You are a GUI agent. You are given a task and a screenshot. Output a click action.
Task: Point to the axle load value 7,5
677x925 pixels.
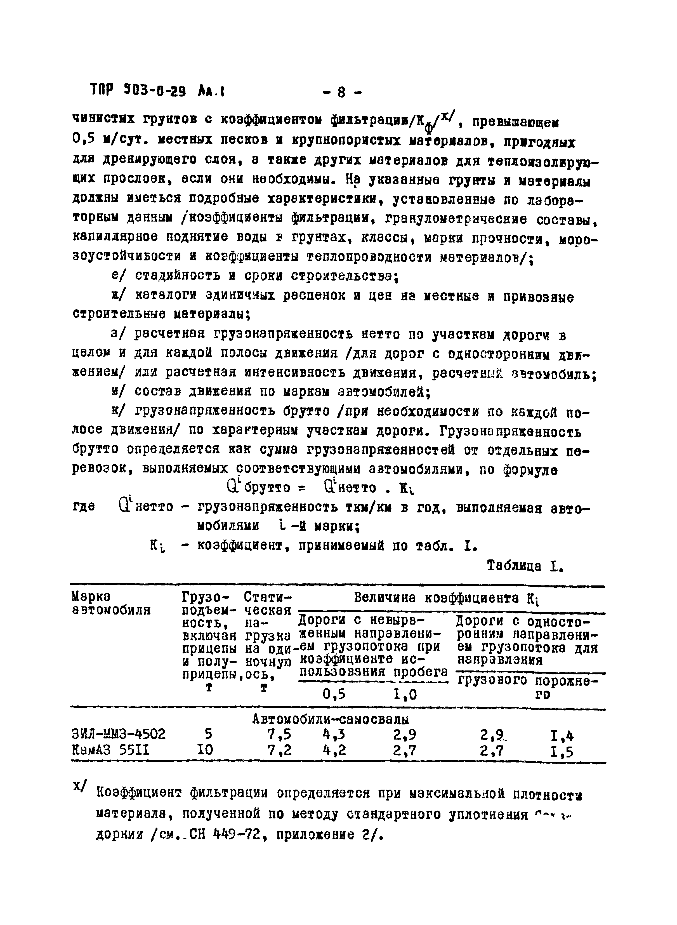pos(279,734)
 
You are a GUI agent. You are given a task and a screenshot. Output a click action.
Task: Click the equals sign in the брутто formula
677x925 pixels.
pos(302,488)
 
